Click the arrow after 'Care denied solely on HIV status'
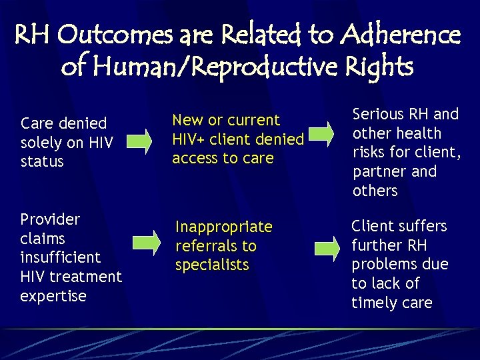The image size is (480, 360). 140,141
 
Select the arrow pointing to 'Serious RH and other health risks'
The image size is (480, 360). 320,132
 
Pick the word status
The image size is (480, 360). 42,161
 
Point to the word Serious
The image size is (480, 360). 378,114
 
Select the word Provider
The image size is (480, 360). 50,219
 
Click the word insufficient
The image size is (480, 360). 60,257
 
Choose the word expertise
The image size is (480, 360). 53,296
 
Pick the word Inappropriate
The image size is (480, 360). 224,227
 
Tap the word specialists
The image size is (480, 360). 212,265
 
